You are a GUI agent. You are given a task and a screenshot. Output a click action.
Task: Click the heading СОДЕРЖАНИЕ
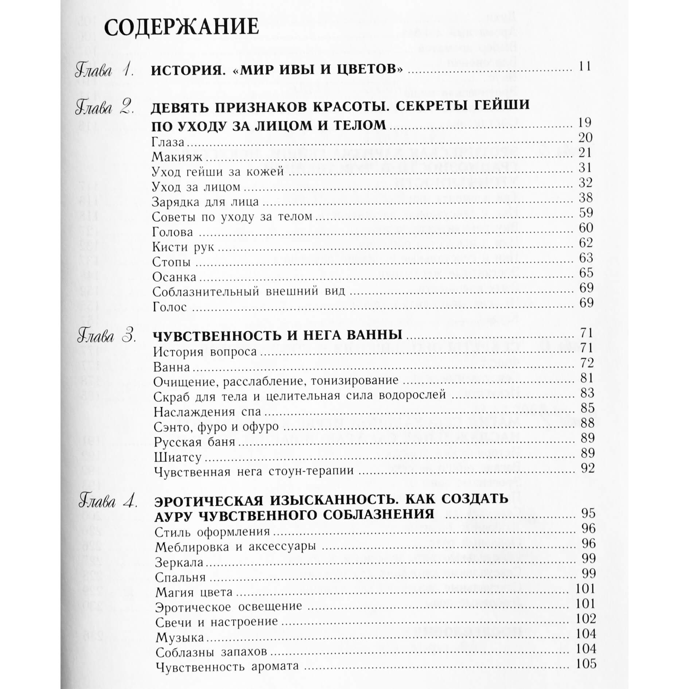tap(181, 27)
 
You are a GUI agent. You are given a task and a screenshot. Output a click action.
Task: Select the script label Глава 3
tap(106, 336)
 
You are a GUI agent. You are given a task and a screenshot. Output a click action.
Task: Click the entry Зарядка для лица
tap(205, 202)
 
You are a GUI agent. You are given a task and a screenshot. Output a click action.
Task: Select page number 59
tap(586, 213)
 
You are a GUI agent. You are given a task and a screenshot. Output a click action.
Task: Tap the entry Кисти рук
tap(183, 247)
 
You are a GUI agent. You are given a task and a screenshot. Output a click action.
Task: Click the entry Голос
tap(170, 307)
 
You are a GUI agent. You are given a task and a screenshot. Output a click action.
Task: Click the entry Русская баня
tap(194, 442)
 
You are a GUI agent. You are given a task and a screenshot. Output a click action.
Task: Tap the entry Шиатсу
tap(178, 457)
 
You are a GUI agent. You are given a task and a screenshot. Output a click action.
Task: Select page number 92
tap(588, 468)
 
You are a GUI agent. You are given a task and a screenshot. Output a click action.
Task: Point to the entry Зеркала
tap(179, 562)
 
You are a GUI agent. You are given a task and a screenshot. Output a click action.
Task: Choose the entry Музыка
tap(180, 638)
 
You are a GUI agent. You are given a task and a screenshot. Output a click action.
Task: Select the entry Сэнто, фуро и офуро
tap(216, 427)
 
